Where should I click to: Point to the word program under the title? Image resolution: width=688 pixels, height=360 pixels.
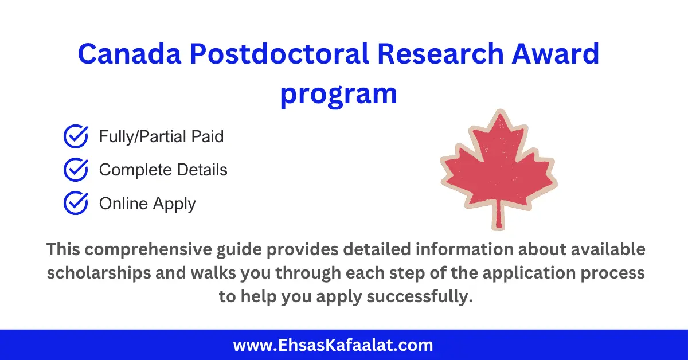coord(338,93)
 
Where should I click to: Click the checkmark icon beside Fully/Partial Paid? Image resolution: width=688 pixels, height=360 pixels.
coord(75,136)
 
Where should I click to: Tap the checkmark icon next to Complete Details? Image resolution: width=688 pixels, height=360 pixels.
coord(75,170)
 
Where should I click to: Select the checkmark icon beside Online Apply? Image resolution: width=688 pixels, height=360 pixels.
coord(75,204)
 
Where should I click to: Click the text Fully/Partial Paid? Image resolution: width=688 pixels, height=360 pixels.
coord(161,136)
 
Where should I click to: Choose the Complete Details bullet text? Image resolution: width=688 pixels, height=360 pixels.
coord(163,170)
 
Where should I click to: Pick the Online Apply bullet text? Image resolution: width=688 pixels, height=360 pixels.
coord(147,204)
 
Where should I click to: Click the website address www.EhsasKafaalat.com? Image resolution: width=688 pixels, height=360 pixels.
coord(333,345)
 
